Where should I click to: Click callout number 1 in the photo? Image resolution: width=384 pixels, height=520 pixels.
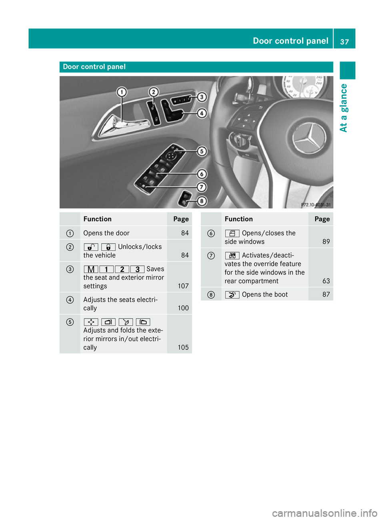coord(122,92)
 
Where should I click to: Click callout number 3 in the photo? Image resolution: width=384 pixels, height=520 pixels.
coord(202,97)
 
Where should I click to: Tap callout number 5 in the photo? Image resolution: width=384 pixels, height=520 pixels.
coord(202,151)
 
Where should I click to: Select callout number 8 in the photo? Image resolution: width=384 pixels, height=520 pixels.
coord(202,201)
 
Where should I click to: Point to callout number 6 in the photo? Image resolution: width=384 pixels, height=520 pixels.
coord(202,174)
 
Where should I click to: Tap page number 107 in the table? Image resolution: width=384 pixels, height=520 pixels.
coord(183,286)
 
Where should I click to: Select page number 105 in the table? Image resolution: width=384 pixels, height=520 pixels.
coord(183,347)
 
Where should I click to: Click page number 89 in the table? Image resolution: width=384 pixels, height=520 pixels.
coord(326,242)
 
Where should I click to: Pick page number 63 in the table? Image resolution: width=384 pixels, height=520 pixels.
coord(326,281)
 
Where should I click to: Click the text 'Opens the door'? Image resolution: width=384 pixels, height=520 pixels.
coord(106,233)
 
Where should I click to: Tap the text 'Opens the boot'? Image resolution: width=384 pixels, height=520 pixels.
coord(264,295)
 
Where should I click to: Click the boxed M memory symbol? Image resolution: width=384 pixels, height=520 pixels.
coord(91,269)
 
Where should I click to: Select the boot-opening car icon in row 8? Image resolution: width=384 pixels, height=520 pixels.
coord(232,295)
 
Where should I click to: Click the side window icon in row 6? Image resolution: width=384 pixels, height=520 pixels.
coord(232,233)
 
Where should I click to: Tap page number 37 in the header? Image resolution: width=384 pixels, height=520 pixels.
coord(344,42)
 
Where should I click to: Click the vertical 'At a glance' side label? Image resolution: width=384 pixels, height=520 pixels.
coord(344,108)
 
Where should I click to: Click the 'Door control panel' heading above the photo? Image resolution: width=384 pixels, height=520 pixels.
coord(94,67)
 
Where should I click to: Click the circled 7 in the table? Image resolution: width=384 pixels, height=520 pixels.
coord(211,256)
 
